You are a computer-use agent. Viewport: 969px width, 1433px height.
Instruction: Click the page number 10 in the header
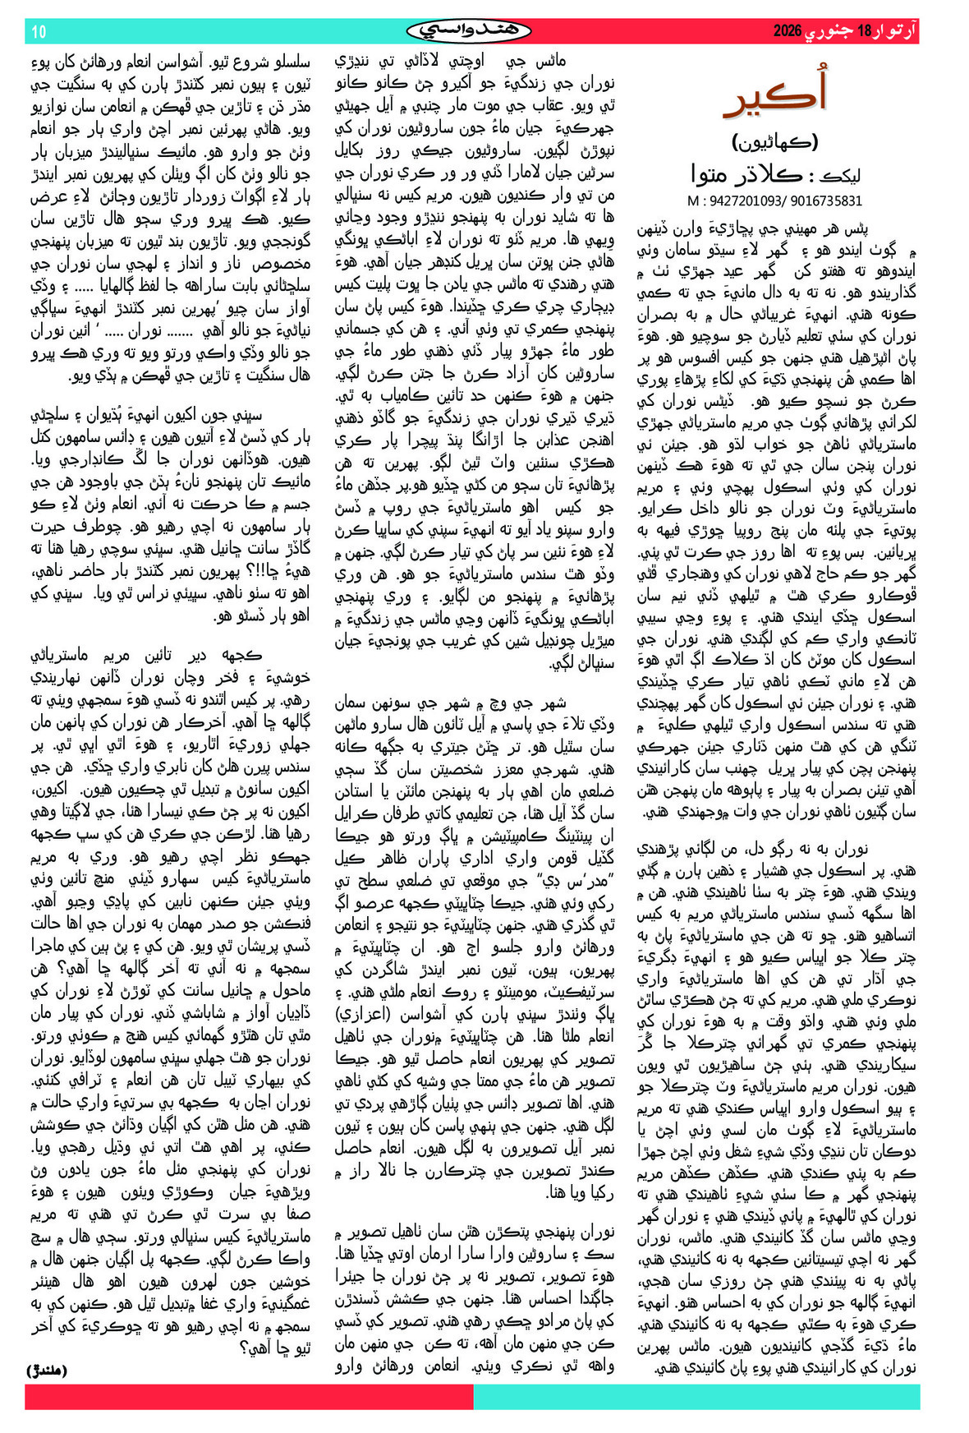pos(39,32)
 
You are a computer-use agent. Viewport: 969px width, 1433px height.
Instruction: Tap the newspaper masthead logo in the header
pos(469,31)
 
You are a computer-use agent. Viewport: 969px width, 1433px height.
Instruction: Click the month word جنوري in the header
pos(829,32)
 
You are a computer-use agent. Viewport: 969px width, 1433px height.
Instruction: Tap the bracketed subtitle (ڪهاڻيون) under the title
pos(775,141)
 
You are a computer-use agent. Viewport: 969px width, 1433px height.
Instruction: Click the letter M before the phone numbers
pos(692,200)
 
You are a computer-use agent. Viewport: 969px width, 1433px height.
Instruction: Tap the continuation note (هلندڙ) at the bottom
pos(47,1370)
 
